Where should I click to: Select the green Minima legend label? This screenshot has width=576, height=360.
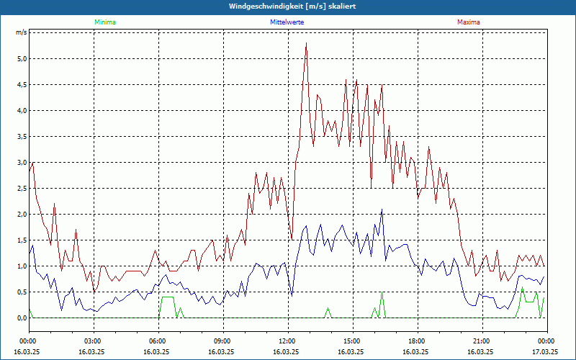[104, 22]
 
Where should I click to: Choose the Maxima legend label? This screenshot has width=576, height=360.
[469, 22]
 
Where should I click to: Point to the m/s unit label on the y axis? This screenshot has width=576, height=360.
[22, 33]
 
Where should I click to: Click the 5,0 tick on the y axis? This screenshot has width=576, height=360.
[22, 59]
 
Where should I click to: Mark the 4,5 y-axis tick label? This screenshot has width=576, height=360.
[22, 85]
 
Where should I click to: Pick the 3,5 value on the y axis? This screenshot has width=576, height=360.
[22, 137]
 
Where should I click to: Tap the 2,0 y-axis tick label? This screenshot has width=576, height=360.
[22, 215]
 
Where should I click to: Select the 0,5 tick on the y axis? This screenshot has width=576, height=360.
[22, 292]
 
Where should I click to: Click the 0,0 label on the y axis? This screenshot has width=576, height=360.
[22, 318]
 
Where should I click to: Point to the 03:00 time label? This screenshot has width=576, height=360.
[92, 341]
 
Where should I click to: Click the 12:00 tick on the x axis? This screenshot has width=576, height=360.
[287, 341]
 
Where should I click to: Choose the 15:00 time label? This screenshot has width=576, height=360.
[351, 341]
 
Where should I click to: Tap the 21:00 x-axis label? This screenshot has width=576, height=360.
[481, 341]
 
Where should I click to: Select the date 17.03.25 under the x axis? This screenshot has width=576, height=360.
[544, 352]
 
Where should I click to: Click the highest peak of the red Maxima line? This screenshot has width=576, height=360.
[307, 43]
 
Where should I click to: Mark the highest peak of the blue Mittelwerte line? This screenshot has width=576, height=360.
[382, 210]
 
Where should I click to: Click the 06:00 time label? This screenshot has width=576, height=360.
[157, 341]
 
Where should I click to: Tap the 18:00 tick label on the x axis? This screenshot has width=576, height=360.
[416, 341]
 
